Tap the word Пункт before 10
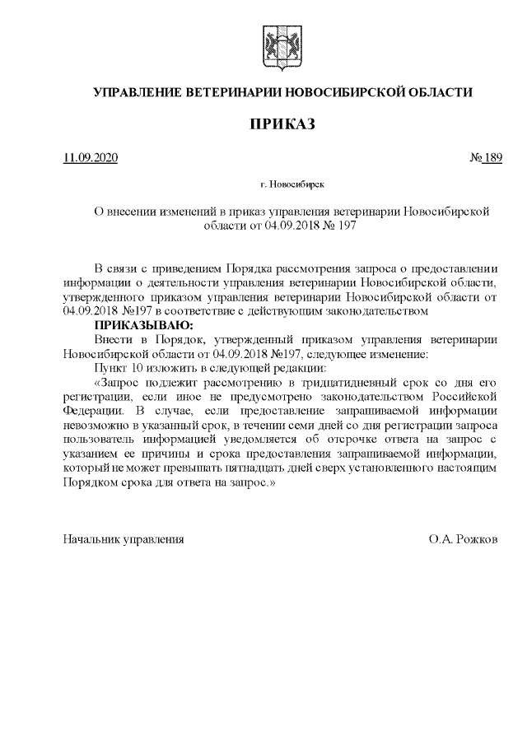click(112, 367)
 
